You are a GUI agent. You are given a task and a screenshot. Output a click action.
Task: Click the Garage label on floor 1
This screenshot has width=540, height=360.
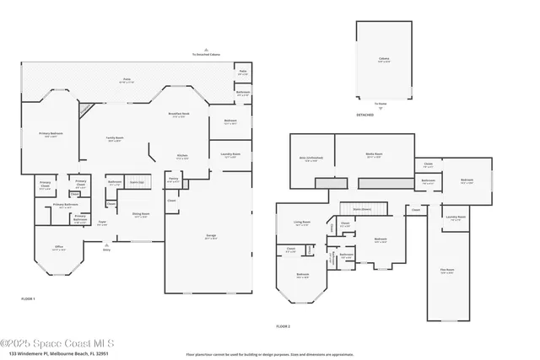pos(210,238)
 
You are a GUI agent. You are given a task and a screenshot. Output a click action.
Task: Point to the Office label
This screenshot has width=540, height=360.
pos(59,247)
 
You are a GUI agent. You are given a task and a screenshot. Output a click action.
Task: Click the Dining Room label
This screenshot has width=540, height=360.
pos(140,214)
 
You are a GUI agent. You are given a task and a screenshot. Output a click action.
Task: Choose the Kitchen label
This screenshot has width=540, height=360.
pos(181,156)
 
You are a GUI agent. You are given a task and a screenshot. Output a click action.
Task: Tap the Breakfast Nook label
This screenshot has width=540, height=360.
pos(178,116)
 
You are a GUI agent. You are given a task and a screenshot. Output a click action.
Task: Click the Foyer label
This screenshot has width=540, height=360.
pos(102,223)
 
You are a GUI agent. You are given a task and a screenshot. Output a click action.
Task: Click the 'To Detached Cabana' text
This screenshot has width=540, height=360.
pos(206,54)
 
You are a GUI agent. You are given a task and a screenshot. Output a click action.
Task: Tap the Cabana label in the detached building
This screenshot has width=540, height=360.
pos(383,60)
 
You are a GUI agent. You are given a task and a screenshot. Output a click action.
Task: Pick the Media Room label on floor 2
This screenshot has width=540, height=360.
pos(374,154)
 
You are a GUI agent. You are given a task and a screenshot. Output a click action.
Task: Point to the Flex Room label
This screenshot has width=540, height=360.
pos(447,270)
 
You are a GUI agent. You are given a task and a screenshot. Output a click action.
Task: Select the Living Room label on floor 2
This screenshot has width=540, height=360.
pos(302,223)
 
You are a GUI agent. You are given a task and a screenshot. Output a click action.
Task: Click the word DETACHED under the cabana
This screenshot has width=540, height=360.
pos(364,115)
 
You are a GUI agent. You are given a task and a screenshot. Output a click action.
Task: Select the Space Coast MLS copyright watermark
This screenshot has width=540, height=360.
pos(62,343)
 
